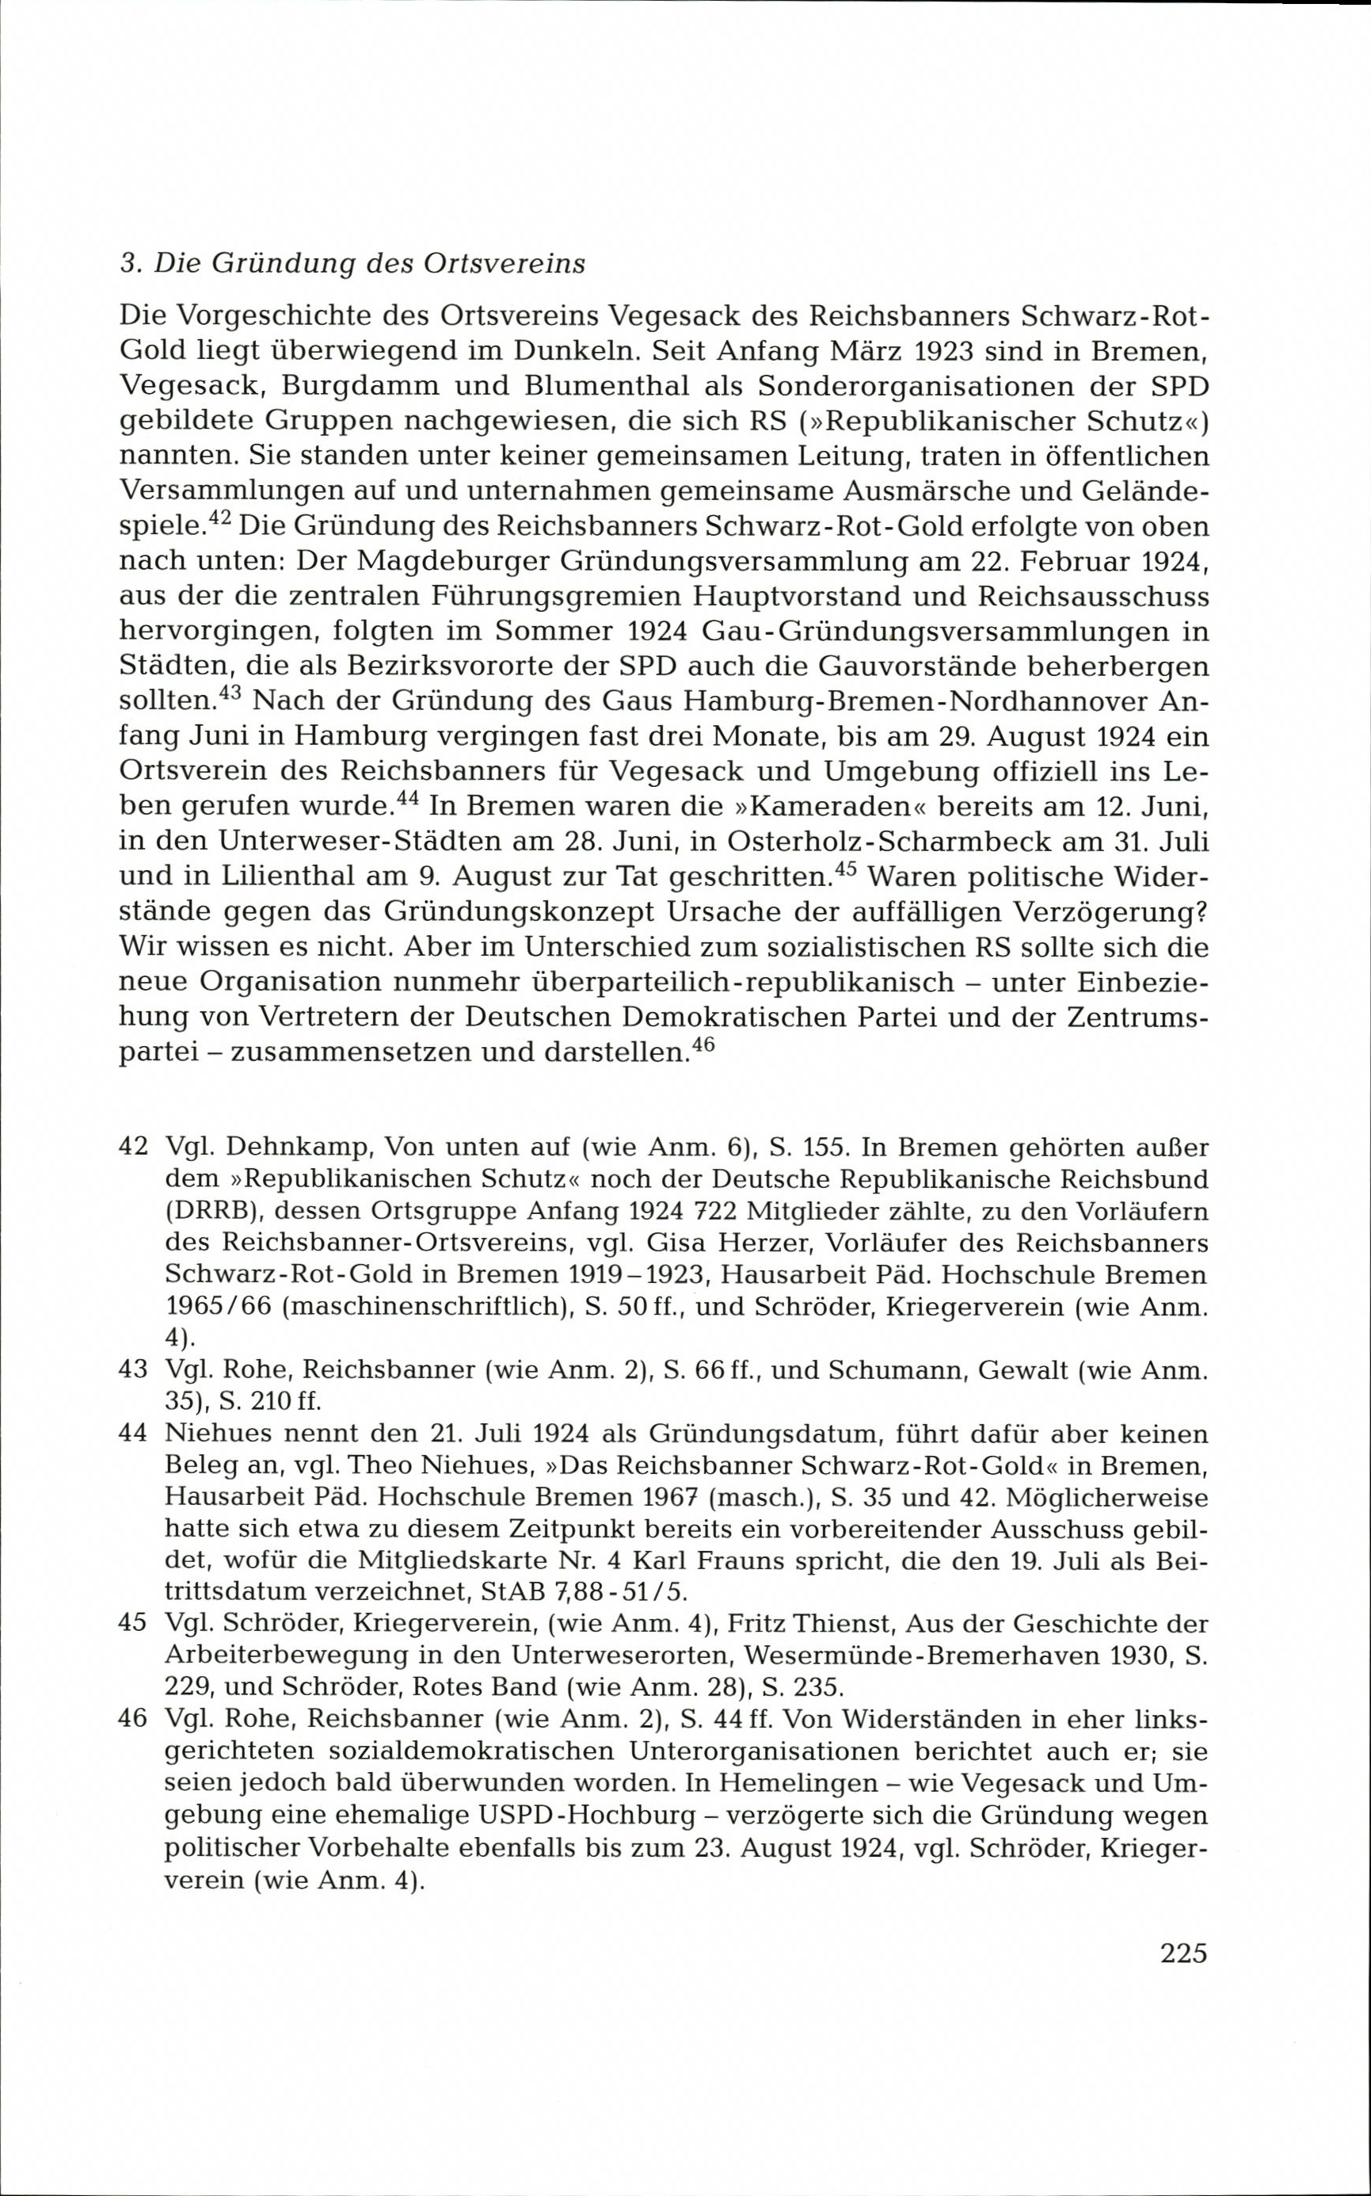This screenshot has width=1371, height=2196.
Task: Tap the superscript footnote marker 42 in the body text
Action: [x=219, y=517]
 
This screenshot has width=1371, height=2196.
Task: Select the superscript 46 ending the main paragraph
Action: [x=703, y=1044]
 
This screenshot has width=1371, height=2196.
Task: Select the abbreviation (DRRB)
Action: [x=213, y=1211]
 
